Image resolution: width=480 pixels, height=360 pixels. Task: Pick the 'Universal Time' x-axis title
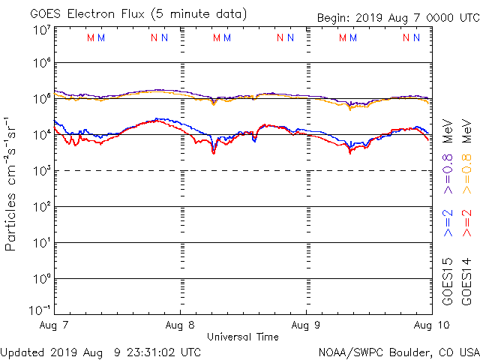click(x=242, y=337)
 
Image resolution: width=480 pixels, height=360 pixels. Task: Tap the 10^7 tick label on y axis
click(x=42, y=29)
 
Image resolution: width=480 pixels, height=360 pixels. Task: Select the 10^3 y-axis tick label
click(x=42, y=170)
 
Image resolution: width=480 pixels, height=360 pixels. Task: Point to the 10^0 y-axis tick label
click(x=42, y=278)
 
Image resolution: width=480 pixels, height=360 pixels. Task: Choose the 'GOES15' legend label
click(x=448, y=282)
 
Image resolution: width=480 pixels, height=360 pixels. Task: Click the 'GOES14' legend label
click(x=467, y=282)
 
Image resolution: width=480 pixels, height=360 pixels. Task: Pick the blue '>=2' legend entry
click(x=448, y=223)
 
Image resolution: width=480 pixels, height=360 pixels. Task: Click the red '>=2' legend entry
click(x=467, y=223)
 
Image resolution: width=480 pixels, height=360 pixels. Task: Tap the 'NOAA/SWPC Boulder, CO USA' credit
click(x=398, y=351)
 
